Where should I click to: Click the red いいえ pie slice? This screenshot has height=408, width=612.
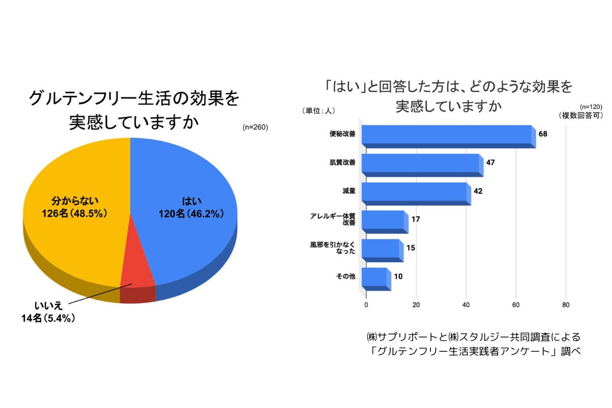click(137, 265)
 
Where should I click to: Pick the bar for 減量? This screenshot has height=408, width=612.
click(415, 192)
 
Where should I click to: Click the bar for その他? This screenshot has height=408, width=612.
click(375, 277)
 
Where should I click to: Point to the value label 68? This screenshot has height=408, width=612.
click(543, 134)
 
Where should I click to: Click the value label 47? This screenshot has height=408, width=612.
click(490, 163)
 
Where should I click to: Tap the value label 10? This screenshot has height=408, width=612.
click(398, 277)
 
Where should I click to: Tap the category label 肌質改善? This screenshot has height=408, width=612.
click(343, 163)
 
